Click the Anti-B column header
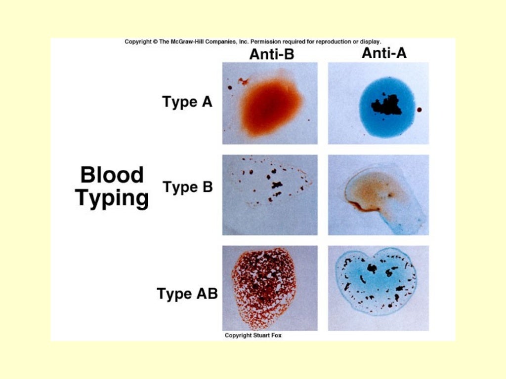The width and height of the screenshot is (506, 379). pyautogui.click(x=271, y=54)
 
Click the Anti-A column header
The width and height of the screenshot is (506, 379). pyautogui.click(x=384, y=53)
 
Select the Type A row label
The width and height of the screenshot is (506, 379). pyautogui.click(x=187, y=102)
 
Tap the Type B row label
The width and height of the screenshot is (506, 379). pyautogui.click(x=188, y=188)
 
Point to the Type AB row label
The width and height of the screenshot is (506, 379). pyautogui.click(x=187, y=294)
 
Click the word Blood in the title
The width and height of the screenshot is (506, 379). pyautogui.click(x=112, y=175)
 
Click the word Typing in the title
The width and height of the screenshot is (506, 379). pyautogui.click(x=112, y=198)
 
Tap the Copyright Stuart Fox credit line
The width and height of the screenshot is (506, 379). pyautogui.click(x=254, y=336)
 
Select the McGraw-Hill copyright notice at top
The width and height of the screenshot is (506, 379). pyautogui.click(x=253, y=42)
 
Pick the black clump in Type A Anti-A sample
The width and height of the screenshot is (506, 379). pyautogui.click(x=387, y=105)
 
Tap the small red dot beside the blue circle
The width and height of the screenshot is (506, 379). pyautogui.click(x=420, y=110)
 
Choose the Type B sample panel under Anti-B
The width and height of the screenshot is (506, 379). pyautogui.click(x=270, y=195)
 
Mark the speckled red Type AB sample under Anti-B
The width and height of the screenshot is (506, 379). pyautogui.click(x=263, y=288)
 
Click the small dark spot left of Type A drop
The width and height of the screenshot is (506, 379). pyautogui.click(x=230, y=88)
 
